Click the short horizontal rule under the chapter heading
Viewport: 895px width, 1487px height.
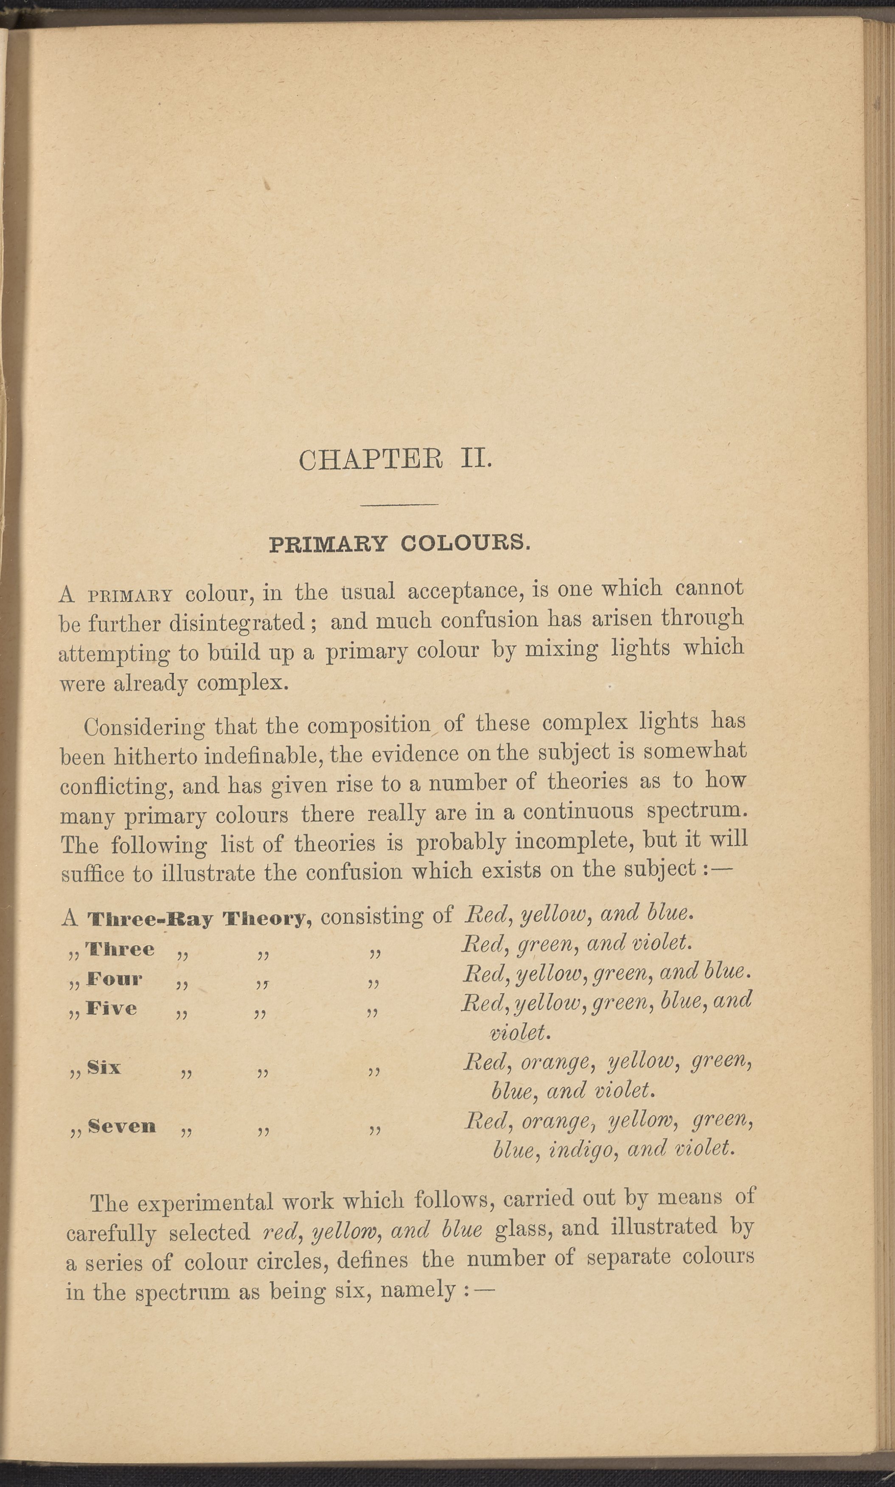click(398, 504)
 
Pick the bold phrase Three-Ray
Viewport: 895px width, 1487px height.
click(151, 919)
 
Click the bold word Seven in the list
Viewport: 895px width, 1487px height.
click(122, 1126)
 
